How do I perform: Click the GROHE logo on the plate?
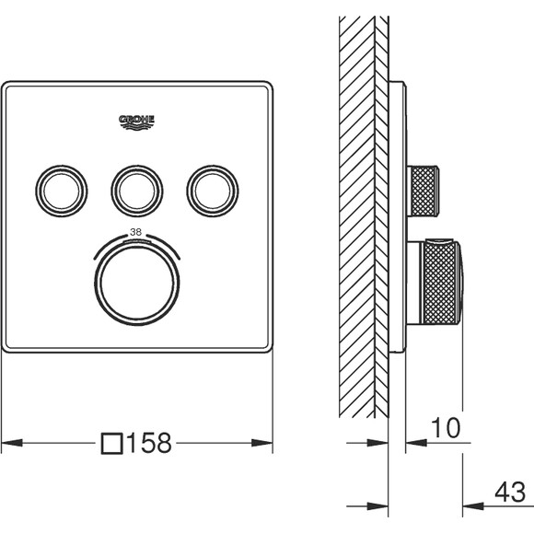(x=136, y=122)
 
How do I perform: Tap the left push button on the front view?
(x=62, y=192)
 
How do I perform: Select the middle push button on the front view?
(x=137, y=192)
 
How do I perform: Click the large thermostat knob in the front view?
(x=137, y=284)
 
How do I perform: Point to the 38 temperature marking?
(x=136, y=232)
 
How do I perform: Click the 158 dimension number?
(x=149, y=443)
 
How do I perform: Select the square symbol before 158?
(x=112, y=444)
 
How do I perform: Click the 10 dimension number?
(x=446, y=428)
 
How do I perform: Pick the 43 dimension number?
(x=510, y=493)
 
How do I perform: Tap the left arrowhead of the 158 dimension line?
(x=12, y=443)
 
